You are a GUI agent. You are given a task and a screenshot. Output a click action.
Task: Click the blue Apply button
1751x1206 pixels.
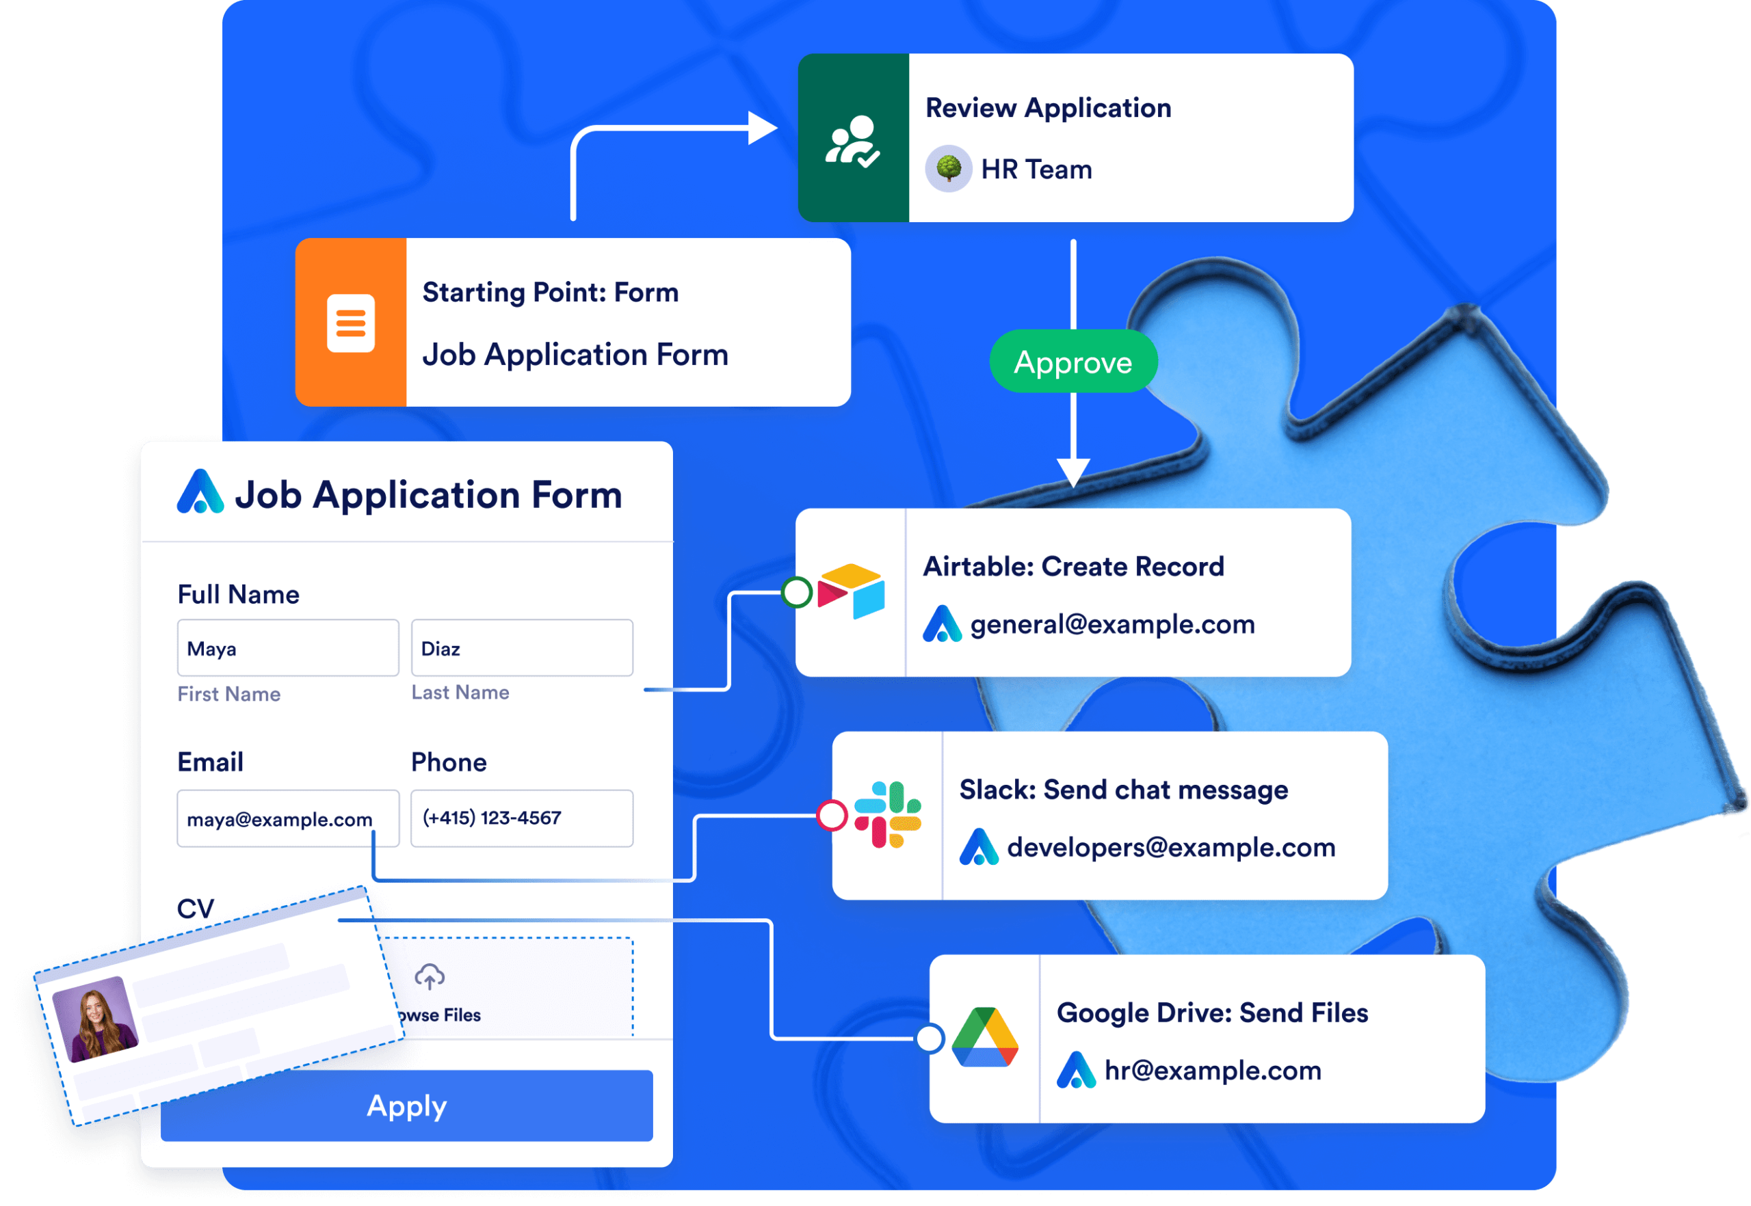(x=407, y=1105)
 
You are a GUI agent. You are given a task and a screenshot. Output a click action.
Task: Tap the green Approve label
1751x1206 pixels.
(x=1072, y=362)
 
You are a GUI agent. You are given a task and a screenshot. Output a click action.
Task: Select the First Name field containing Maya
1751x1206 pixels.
(x=287, y=648)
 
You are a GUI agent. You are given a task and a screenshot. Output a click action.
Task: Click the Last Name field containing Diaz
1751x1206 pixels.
(x=522, y=648)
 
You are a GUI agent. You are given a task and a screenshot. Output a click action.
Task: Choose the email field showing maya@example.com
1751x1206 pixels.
(x=287, y=818)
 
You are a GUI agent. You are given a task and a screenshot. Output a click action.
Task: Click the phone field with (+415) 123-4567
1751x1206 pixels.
(x=522, y=818)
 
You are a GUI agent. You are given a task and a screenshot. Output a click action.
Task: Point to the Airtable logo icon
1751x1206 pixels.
(x=852, y=591)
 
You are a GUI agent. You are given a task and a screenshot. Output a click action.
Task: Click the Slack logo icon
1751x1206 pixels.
(x=888, y=814)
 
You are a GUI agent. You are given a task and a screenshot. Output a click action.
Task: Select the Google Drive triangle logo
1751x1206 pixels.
(x=984, y=1038)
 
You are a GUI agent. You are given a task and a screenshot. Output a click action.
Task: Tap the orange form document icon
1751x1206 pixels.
(x=351, y=323)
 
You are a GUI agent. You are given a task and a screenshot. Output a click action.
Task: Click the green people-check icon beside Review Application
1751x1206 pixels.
(x=853, y=141)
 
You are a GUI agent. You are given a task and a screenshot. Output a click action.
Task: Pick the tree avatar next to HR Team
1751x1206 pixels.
(x=948, y=168)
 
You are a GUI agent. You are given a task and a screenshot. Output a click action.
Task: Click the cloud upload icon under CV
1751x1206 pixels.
(x=430, y=976)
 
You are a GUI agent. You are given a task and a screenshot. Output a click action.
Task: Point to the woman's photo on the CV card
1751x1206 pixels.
(x=95, y=1019)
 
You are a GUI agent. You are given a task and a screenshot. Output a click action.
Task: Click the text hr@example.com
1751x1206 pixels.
(x=1213, y=1070)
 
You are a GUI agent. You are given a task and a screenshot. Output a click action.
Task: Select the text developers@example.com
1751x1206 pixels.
(x=1171, y=847)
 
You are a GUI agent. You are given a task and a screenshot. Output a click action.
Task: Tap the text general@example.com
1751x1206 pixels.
(x=1112, y=624)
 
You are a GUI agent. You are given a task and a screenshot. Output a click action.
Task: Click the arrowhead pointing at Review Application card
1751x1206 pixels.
(x=762, y=128)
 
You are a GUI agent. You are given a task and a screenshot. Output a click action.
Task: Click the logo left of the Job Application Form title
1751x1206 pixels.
(x=200, y=493)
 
